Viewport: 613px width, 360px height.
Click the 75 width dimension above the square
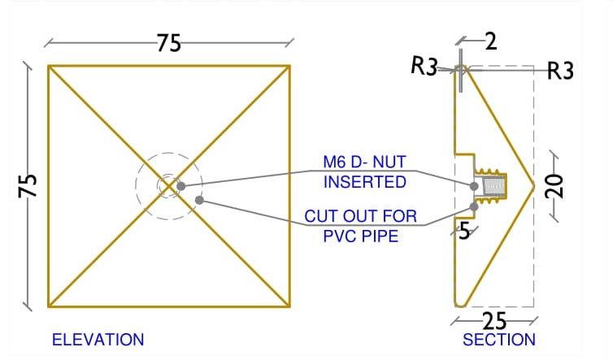pyautogui.click(x=168, y=43)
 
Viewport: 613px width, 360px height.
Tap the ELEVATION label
pyautogui.click(x=98, y=340)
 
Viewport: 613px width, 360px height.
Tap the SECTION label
pyautogui.click(x=498, y=340)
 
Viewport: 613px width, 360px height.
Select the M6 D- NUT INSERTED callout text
pyautogui.click(x=364, y=173)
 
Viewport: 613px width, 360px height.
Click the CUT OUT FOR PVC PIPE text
pyautogui.click(x=360, y=227)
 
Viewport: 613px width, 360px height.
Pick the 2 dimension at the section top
pyautogui.click(x=490, y=42)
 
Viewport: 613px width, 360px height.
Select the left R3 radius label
pyautogui.click(x=424, y=67)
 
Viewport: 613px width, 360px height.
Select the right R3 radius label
pyautogui.click(x=560, y=72)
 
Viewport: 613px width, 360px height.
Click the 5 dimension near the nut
pyautogui.click(x=463, y=231)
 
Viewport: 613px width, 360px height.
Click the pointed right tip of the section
pyautogui.click(x=533, y=186)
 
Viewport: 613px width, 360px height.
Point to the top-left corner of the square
pyautogui.click(x=48, y=66)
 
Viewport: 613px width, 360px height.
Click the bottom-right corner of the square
pyautogui.click(x=290, y=307)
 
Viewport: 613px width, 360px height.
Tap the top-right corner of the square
pyautogui.click(x=290, y=66)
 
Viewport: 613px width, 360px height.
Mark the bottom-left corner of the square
pyautogui.click(x=48, y=307)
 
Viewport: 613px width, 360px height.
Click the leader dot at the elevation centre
pyautogui.click(x=180, y=186)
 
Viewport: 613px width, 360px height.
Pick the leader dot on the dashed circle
pyautogui.click(x=198, y=199)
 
